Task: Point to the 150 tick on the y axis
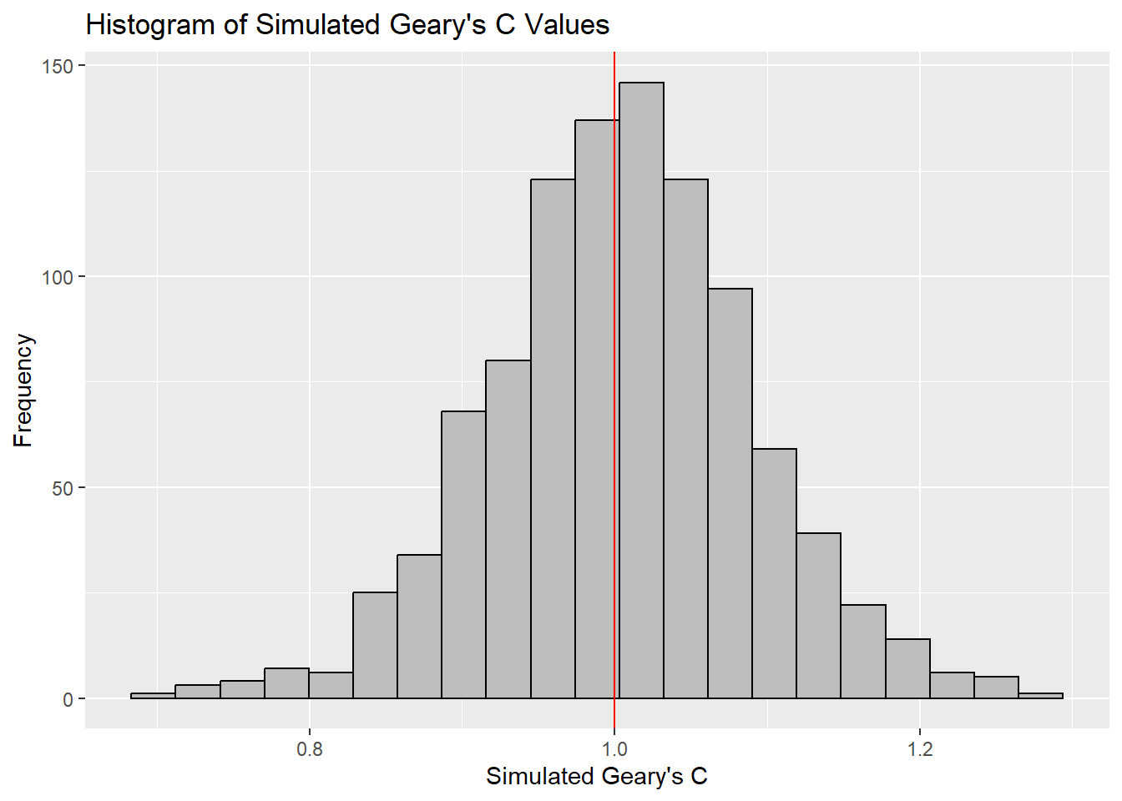tap(58, 66)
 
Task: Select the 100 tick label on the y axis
tap(58, 277)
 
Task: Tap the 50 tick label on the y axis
tap(63, 488)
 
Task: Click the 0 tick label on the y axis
tap(68, 699)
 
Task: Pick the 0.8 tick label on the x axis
tap(309, 749)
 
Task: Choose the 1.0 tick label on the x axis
tap(614, 749)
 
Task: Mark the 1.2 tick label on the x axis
tap(919, 749)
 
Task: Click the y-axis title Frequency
tap(23, 390)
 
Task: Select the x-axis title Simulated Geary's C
tap(596, 777)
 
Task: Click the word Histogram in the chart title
tap(150, 25)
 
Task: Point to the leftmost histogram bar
tap(153, 696)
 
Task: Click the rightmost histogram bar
tap(1040, 696)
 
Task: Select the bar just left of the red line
tap(594, 409)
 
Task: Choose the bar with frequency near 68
tap(463, 555)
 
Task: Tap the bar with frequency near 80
tap(508, 530)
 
